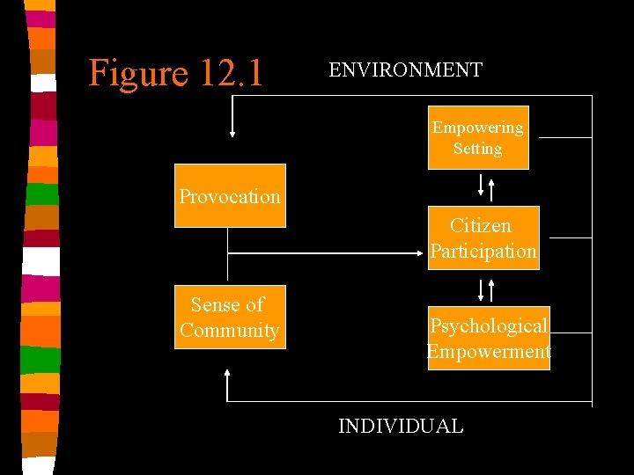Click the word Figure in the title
tap(137, 72)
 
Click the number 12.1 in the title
tap(231, 72)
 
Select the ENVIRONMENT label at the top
tap(405, 70)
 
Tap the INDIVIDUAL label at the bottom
tap(401, 427)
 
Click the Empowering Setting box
tap(478, 138)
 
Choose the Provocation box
tap(230, 195)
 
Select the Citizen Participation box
tap(483, 238)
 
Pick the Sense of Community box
tap(230, 317)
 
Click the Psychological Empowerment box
tap(489, 338)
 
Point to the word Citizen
tap(480, 226)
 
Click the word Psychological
tap(489, 325)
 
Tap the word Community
tap(230, 331)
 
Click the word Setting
tap(478, 149)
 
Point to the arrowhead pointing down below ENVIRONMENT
tap(232, 133)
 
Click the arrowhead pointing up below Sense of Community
tap(227, 374)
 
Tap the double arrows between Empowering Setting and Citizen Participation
tap(486, 186)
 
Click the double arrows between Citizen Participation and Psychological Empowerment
tap(486, 290)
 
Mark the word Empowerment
tap(489, 352)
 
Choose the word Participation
tap(483, 252)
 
